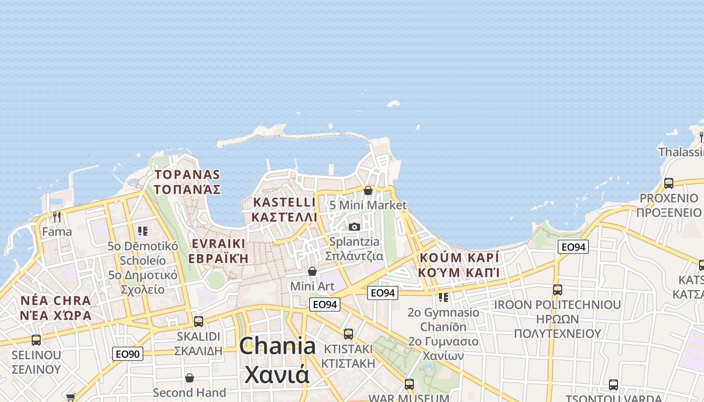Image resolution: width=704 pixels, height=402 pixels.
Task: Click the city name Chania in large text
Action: coord(278,346)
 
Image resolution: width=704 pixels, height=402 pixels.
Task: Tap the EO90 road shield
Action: coord(127,354)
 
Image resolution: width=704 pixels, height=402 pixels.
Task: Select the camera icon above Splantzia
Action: coord(355,227)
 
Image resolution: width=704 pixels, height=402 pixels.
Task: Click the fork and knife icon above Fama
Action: coord(57,217)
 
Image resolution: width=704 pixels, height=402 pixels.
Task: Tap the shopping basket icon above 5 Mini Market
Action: coord(368,190)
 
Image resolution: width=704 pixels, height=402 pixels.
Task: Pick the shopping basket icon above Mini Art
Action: coord(312,271)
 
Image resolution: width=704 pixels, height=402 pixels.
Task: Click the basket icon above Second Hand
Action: coord(190,378)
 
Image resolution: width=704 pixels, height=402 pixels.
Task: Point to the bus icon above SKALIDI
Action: coord(199,321)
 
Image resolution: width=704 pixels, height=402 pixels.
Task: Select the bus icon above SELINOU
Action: coord(36,340)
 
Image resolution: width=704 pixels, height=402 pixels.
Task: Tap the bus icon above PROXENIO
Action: coord(669,183)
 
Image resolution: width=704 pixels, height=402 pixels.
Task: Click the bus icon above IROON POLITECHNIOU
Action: coord(557,290)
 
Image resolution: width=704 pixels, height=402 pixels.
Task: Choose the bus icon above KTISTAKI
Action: coord(348,334)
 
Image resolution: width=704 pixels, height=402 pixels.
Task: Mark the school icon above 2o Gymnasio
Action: coord(443,297)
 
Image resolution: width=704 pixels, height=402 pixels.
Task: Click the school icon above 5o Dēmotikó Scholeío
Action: coord(143,231)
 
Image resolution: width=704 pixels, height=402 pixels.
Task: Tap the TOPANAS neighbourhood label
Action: coord(188,175)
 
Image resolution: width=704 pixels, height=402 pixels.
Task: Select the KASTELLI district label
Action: coord(285,203)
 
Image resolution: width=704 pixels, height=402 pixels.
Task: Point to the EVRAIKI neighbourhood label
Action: coord(219,244)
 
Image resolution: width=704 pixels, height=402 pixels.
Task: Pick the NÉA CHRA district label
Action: coord(56,301)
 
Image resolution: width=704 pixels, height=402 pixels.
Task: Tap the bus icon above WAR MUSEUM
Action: coord(409,384)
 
